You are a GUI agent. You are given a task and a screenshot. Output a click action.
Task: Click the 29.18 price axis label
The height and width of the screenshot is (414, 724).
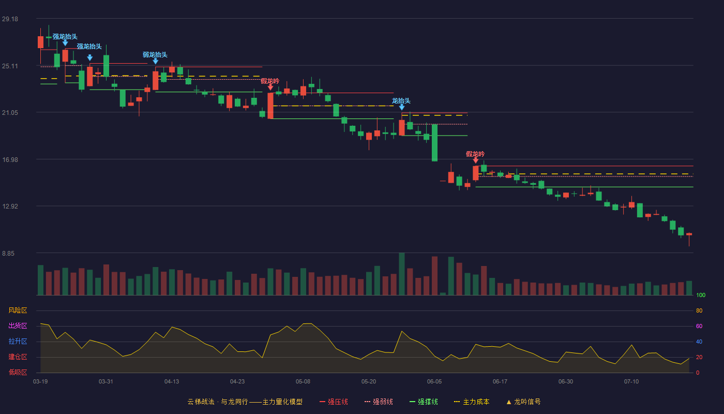10,19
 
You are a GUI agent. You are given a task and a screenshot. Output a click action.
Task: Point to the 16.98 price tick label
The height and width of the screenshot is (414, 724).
10,160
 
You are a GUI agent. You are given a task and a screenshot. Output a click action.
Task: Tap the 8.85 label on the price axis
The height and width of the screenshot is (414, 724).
8,254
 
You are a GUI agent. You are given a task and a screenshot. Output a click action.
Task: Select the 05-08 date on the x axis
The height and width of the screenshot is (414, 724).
303,382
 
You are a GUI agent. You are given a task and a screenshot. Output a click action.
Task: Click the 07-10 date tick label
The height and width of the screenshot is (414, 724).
631,382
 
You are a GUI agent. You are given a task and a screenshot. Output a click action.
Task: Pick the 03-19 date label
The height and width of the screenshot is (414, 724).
40,382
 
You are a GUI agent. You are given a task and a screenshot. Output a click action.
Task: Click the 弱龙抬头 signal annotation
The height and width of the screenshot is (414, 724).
155,55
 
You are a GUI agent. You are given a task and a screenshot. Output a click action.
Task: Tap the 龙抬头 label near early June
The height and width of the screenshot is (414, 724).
401,101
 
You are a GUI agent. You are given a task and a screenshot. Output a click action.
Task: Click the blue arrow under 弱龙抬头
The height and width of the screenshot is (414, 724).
156,62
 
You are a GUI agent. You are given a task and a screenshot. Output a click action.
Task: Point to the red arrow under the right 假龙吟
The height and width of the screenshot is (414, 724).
475,160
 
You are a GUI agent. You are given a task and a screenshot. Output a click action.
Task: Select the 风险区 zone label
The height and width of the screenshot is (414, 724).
18,310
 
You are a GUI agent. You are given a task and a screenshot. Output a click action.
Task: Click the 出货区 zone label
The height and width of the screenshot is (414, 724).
18,326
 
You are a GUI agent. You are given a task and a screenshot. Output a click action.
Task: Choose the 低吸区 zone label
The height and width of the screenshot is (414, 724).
18,372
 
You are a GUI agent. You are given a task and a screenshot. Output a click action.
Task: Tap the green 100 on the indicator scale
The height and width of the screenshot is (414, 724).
701,295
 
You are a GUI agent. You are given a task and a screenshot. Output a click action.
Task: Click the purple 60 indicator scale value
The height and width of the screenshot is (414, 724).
699,326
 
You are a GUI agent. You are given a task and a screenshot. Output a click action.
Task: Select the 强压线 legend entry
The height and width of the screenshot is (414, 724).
334,402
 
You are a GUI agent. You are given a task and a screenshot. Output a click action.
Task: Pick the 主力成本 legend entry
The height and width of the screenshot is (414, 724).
472,402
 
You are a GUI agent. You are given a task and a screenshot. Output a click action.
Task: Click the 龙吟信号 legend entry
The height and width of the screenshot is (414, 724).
523,402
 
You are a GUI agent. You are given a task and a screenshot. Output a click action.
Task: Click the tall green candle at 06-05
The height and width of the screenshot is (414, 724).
435,143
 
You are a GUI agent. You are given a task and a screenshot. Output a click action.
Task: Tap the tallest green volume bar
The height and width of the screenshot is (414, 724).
402,274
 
